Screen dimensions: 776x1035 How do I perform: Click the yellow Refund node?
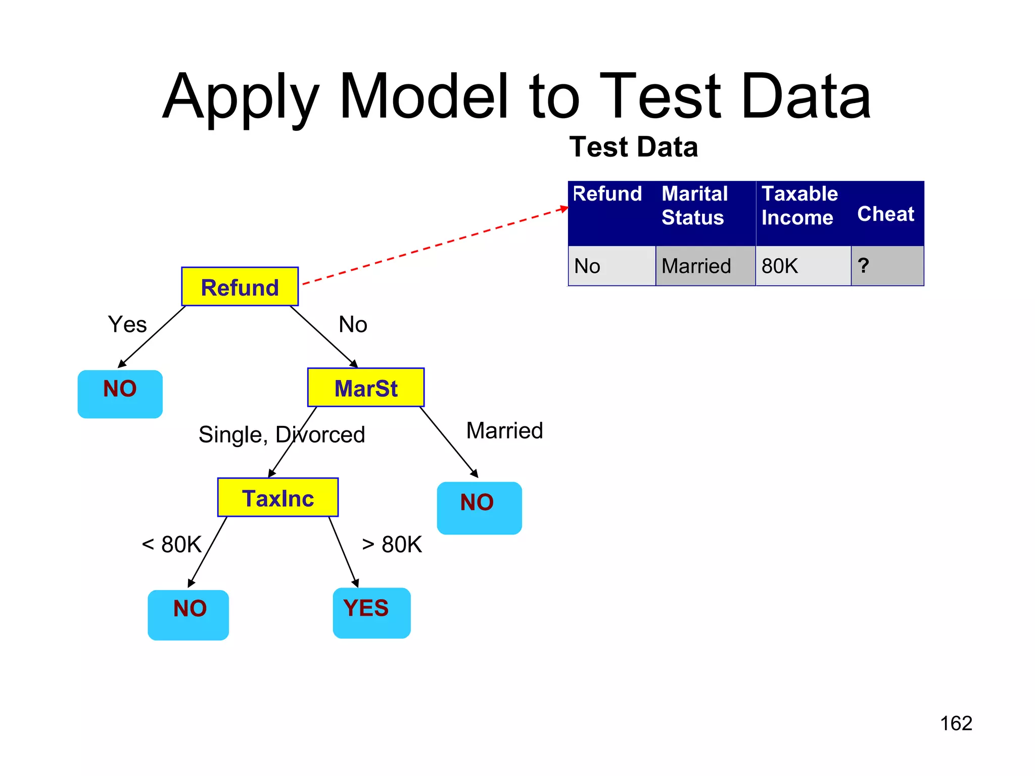click(x=240, y=286)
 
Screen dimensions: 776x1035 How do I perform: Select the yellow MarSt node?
click(x=366, y=387)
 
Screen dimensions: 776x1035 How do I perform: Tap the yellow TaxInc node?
click(x=277, y=497)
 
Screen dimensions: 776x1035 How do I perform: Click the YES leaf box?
click(x=371, y=612)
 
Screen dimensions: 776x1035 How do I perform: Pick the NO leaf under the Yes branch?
click(x=120, y=394)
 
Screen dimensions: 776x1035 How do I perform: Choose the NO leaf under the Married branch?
click(x=479, y=507)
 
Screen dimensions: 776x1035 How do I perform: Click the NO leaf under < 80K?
click(x=188, y=614)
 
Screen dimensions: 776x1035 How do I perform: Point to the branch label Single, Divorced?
click(x=281, y=434)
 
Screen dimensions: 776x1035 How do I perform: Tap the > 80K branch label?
click(x=392, y=545)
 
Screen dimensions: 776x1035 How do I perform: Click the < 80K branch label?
click(x=172, y=545)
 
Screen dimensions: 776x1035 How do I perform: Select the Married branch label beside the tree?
click(x=504, y=430)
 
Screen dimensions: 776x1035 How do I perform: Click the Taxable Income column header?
click(x=799, y=206)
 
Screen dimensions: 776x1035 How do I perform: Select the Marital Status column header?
click(x=694, y=206)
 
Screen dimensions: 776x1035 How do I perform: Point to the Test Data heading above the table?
click(x=633, y=147)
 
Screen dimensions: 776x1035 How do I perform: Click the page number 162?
click(x=956, y=723)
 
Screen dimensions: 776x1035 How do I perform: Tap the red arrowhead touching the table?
click(x=564, y=209)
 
